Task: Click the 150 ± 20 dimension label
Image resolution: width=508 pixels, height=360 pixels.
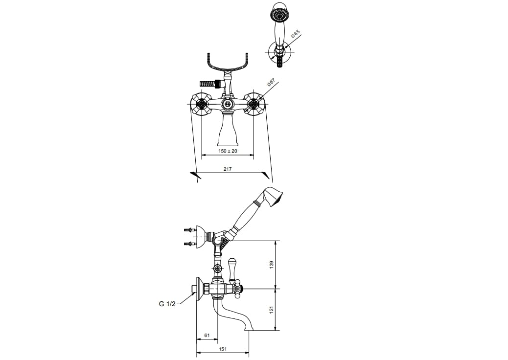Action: [x=228, y=151]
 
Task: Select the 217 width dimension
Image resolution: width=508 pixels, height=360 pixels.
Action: [x=228, y=169]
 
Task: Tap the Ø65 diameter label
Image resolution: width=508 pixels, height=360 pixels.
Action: [x=296, y=34]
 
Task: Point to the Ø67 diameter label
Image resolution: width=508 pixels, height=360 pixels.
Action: [x=271, y=83]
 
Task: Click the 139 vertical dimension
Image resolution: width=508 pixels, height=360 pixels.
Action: [x=272, y=264]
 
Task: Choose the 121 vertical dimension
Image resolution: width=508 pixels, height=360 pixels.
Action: [x=272, y=309]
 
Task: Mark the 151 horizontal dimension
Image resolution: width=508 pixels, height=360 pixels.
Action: [x=223, y=349]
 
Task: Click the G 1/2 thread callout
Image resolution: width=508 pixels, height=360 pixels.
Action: [x=167, y=304]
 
